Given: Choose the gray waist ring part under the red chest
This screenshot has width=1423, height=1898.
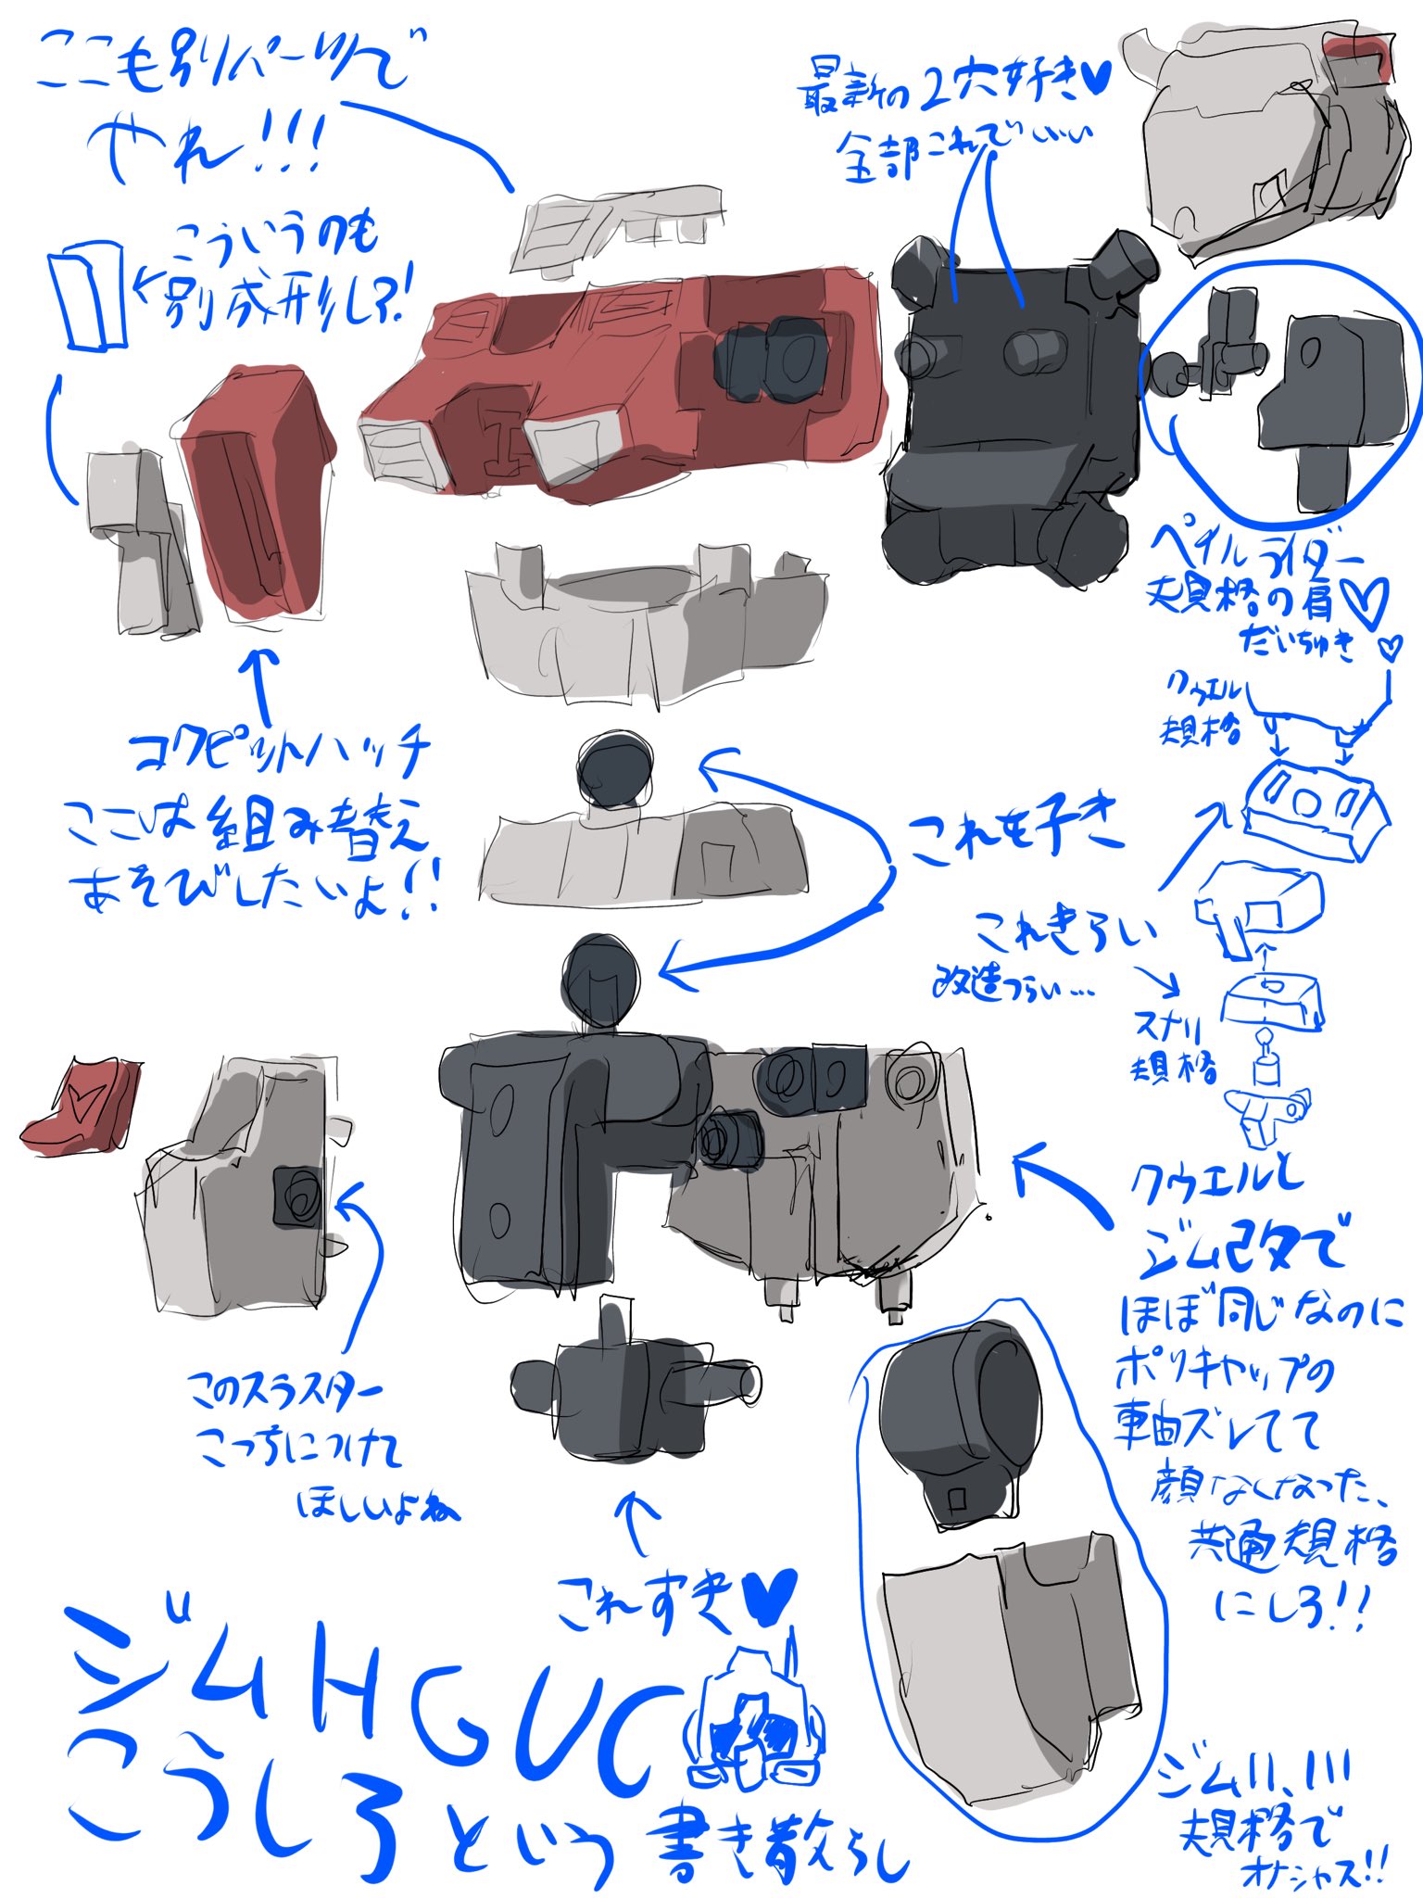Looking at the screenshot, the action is (644, 621).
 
